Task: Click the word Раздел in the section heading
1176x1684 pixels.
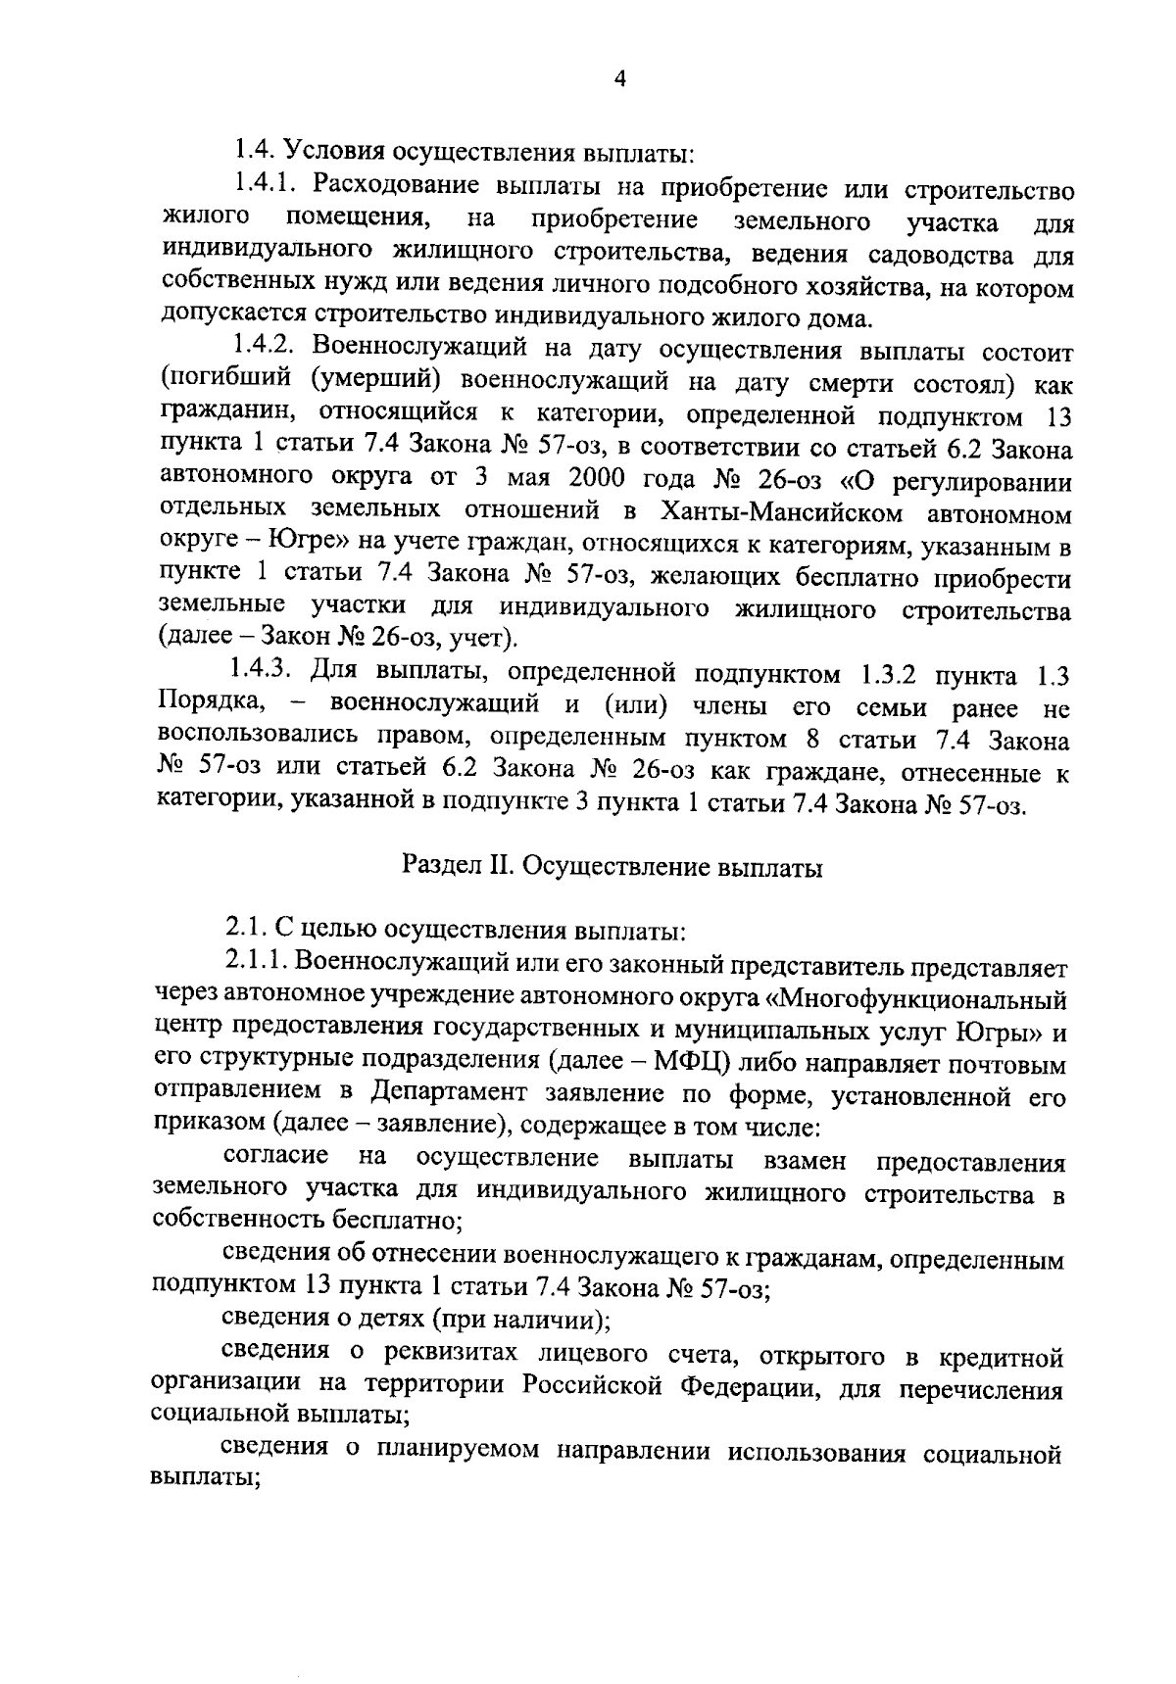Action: (x=437, y=867)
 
